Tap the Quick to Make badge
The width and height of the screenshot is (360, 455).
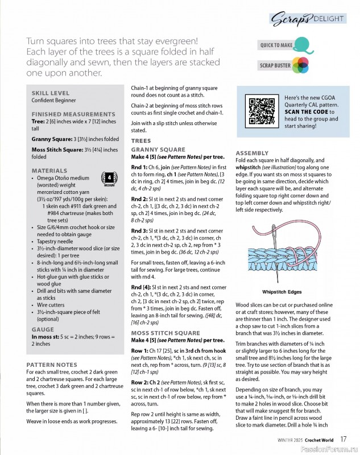pos(283,44)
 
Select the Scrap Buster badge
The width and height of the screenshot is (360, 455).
pos(283,65)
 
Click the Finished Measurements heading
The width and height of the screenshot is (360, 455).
pos(73,114)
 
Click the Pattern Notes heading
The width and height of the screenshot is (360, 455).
pos(52,364)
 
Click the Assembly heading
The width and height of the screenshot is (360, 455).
pos(252,154)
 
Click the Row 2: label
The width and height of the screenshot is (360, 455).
pos(142,383)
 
